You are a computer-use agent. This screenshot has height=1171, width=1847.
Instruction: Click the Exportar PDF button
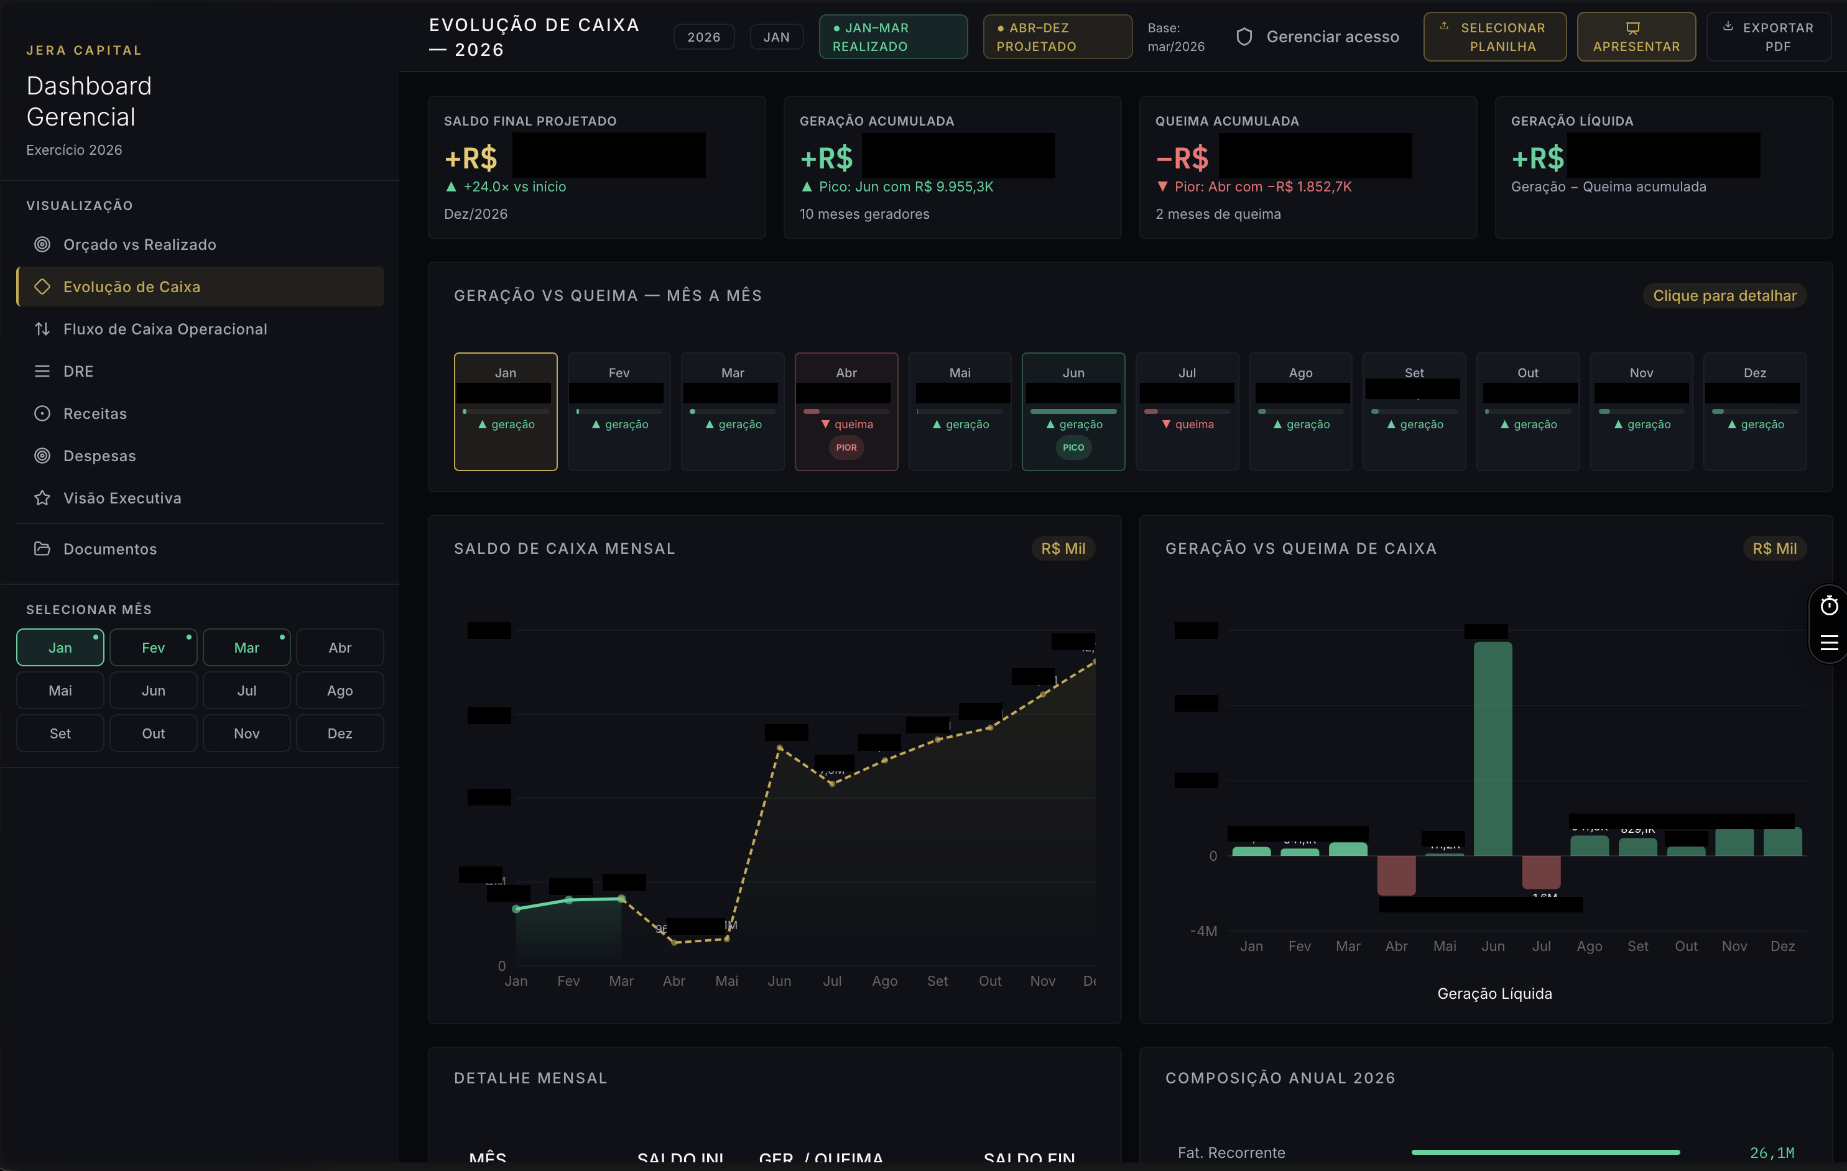pyautogui.click(x=1768, y=37)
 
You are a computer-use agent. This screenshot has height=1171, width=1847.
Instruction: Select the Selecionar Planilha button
pyautogui.click(x=1494, y=37)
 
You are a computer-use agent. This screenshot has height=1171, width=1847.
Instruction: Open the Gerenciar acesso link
pyautogui.click(x=1318, y=37)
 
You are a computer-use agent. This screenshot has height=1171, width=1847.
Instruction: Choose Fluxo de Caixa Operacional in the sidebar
pyautogui.click(x=165, y=329)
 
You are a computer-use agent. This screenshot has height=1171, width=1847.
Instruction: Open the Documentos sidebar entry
pyautogui.click(x=109, y=549)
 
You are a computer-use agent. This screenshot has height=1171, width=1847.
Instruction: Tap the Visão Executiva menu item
pyautogui.click(x=122, y=498)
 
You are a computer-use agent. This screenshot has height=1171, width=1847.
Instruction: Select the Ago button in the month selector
pyautogui.click(x=340, y=690)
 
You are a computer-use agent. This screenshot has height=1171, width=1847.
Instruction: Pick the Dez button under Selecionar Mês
pyautogui.click(x=340, y=733)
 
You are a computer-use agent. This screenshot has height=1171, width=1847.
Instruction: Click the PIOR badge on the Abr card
pyautogui.click(x=846, y=447)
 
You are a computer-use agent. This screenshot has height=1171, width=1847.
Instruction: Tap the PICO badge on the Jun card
pyautogui.click(x=1073, y=447)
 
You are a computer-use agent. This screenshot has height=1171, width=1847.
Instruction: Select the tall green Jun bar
pyautogui.click(x=1492, y=748)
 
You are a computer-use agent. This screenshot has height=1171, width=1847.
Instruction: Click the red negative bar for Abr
pyautogui.click(x=1396, y=875)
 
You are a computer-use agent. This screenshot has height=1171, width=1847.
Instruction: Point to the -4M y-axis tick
pyautogui.click(x=1203, y=931)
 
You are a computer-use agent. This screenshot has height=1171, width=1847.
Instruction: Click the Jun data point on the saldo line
pyautogui.click(x=779, y=748)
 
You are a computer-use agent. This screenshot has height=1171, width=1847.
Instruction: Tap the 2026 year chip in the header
pyautogui.click(x=703, y=37)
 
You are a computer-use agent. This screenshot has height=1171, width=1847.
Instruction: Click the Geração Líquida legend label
pyautogui.click(x=1493, y=993)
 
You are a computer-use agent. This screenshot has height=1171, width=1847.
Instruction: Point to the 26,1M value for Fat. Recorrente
pyautogui.click(x=1771, y=1152)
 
